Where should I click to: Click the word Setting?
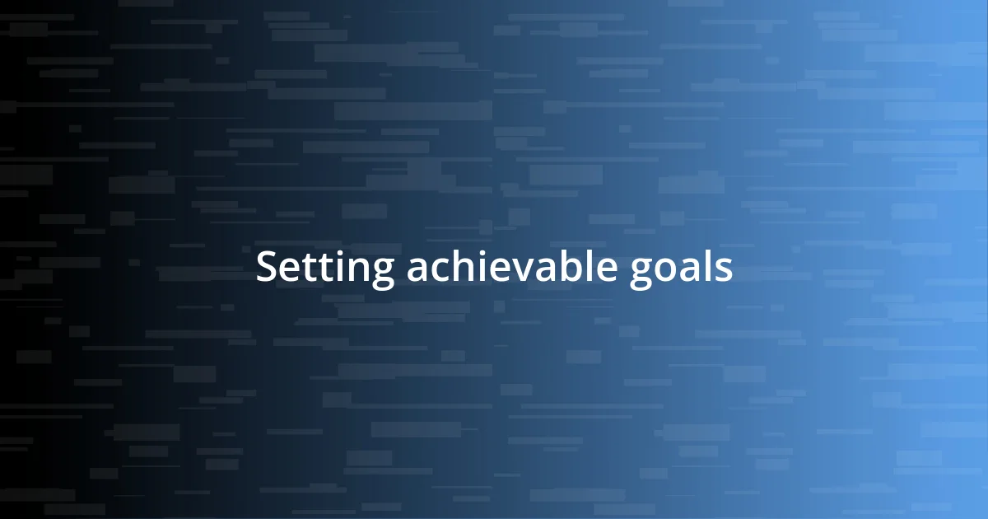[325, 269]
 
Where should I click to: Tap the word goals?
[682, 270]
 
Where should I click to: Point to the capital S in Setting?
[267, 269]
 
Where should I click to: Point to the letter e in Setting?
[288, 271]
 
